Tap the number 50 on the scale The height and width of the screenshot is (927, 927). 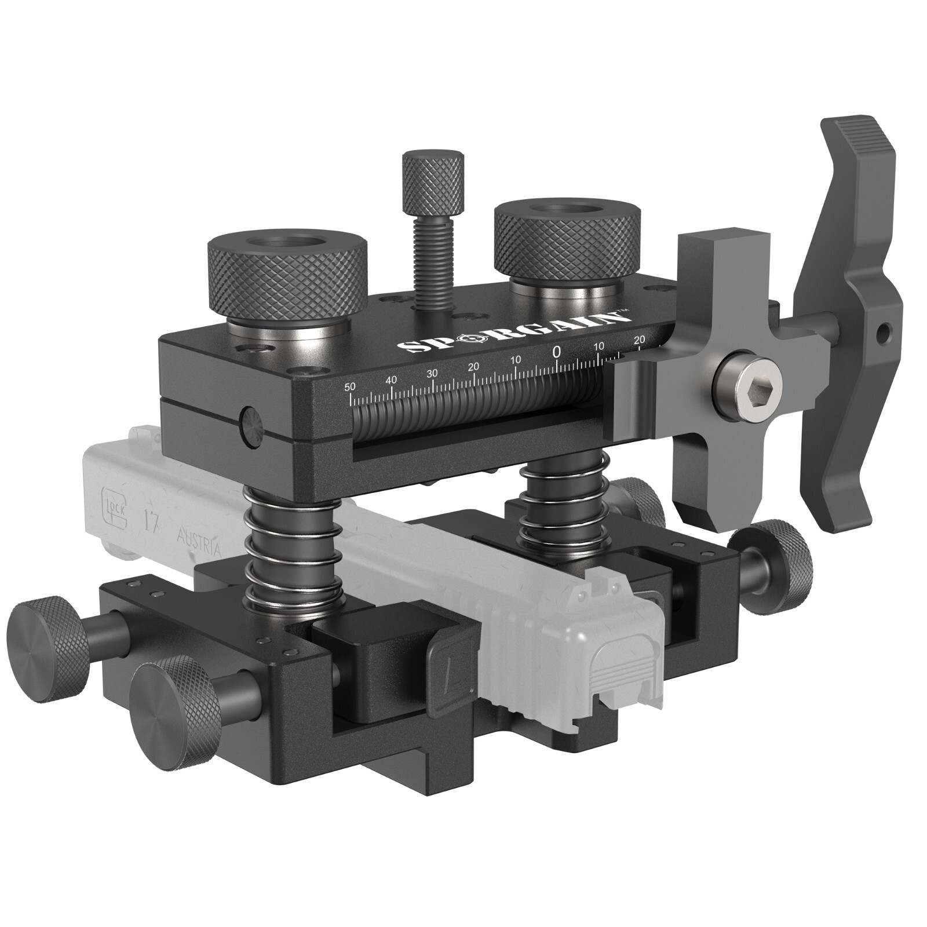[349, 386]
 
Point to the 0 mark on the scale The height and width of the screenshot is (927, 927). [557, 352]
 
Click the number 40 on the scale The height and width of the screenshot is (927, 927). [392, 380]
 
